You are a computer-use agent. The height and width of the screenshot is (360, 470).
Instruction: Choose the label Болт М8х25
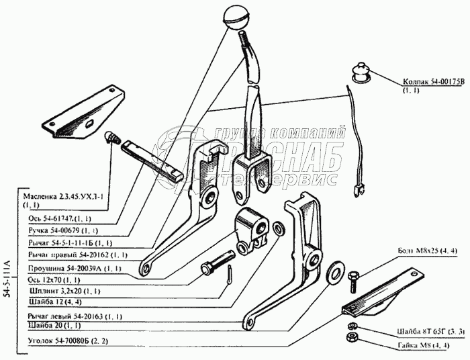point(427,251)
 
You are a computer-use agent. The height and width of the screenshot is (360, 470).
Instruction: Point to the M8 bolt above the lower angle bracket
point(357,276)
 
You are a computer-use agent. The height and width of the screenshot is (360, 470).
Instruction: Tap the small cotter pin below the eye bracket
point(228,275)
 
